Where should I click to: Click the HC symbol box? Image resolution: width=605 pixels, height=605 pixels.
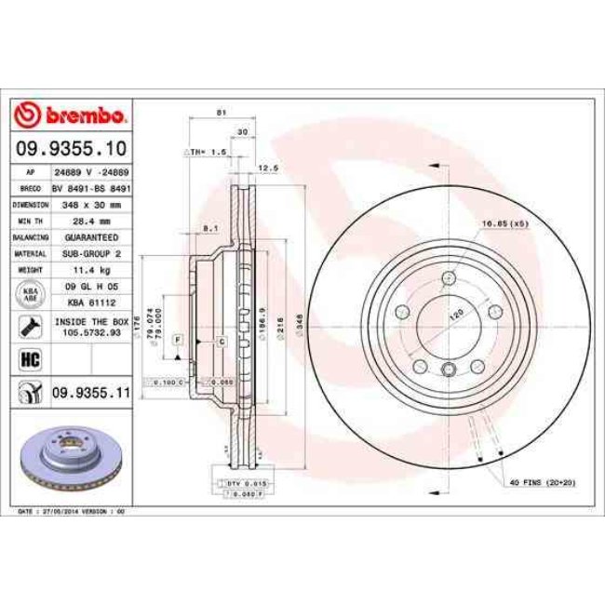tap(28, 358)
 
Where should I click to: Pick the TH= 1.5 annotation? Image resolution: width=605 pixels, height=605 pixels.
tap(207, 151)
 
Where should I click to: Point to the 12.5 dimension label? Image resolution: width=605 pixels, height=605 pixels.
tap(268, 168)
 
